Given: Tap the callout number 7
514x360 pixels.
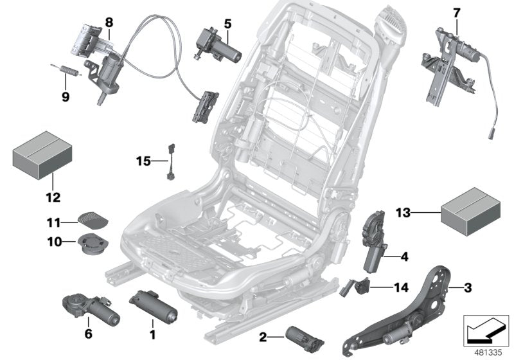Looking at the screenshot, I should tap(457, 12).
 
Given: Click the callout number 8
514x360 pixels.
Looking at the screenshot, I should tap(109, 21).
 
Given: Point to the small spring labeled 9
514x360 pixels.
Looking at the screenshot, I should tap(62, 69).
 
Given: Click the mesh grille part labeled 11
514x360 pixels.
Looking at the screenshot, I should tap(93, 219).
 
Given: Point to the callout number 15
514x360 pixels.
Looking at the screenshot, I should tap(143, 160).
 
